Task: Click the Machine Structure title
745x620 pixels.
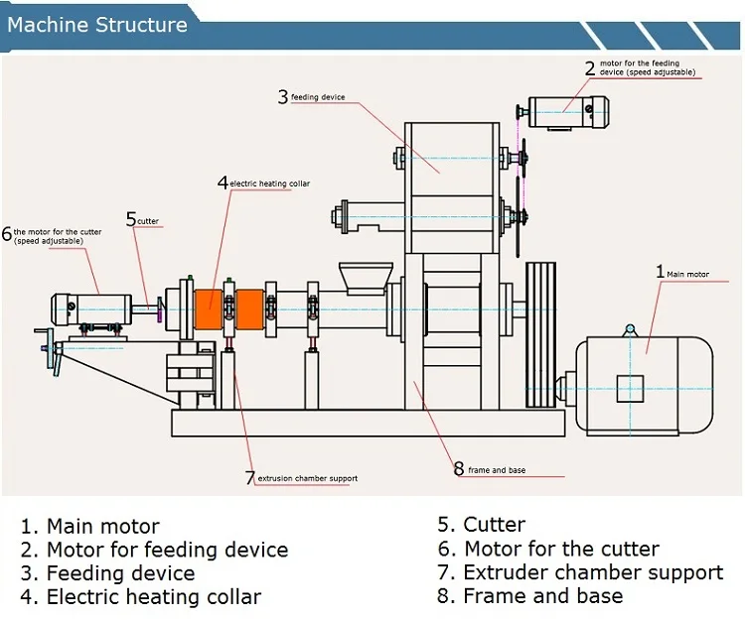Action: [x=97, y=25]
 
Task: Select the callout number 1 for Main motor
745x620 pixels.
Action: [x=660, y=271]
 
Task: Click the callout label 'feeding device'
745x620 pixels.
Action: [x=318, y=97]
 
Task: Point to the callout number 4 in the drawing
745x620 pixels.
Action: [x=223, y=183]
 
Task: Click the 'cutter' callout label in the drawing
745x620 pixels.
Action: [x=148, y=221]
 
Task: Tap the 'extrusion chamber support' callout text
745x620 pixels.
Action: [x=307, y=478]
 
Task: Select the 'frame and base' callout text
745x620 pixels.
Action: [x=497, y=469]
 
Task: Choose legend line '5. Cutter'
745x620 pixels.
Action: [x=482, y=525]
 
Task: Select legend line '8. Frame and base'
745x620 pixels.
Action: [x=530, y=596]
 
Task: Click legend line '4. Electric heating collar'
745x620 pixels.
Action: [x=140, y=597]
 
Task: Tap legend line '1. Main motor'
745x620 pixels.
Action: [x=89, y=526]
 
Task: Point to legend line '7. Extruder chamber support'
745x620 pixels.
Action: [x=580, y=572]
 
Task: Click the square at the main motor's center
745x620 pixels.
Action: [x=631, y=388]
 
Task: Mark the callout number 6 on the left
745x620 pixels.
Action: [x=7, y=235]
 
